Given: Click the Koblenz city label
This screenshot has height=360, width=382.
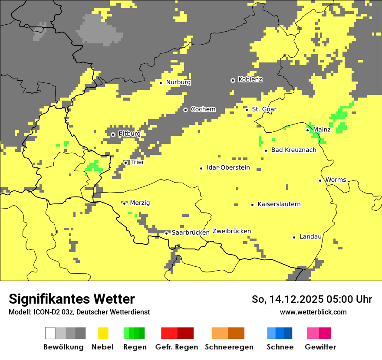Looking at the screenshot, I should pyautogui.click(x=250, y=80).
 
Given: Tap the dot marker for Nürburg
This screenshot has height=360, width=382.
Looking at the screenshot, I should pyautogui.click(x=161, y=82).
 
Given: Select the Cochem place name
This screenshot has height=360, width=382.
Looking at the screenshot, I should pyautogui.click(x=203, y=109).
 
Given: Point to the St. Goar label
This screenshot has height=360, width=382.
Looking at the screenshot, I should pyautogui.click(x=264, y=109).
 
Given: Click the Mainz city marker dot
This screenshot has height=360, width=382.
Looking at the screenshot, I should pyautogui.click(x=307, y=130).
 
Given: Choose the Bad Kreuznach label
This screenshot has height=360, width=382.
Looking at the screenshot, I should pyautogui.click(x=293, y=150).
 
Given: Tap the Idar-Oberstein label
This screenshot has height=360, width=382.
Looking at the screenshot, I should pyautogui.click(x=228, y=168).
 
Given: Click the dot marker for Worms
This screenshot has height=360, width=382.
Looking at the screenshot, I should pyautogui.click(x=320, y=180).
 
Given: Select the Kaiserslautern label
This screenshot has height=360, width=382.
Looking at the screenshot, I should pyautogui.click(x=279, y=204).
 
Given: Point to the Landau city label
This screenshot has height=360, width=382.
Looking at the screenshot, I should pyautogui.click(x=310, y=237).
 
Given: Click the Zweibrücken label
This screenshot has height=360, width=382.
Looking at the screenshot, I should pyautogui.click(x=231, y=231).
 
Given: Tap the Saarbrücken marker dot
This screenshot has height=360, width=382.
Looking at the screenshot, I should pyautogui.click(x=166, y=233).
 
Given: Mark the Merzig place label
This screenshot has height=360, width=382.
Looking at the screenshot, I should pyautogui.click(x=140, y=203).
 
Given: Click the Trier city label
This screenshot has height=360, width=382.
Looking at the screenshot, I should pyautogui.click(x=137, y=162).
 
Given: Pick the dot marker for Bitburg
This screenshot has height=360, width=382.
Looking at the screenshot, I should pyautogui.click(x=113, y=134).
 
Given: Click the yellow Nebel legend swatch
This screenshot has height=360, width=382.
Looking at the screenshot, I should pyautogui.click(x=103, y=333).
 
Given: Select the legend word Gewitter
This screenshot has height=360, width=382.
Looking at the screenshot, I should pyautogui.click(x=320, y=347).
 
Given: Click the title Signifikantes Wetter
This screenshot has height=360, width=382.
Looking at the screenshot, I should pyautogui.click(x=72, y=299).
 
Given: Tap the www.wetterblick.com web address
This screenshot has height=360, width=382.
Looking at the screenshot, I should pyautogui.click(x=313, y=312).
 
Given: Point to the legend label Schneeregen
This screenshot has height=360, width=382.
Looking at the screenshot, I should pyautogui.click(x=229, y=347).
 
